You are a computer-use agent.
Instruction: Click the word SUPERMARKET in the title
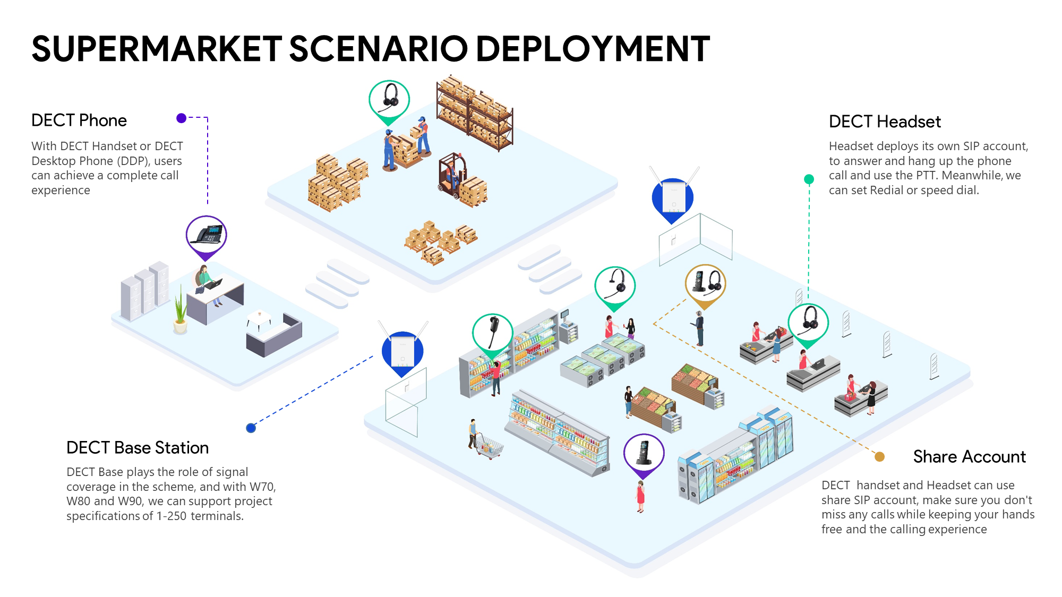[157, 49]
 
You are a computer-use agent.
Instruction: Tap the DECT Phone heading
[79, 120]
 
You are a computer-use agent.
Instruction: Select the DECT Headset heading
[885, 122]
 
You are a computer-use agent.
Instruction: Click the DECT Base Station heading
[138, 448]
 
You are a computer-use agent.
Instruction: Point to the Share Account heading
[969, 457]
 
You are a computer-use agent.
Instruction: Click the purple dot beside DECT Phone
[182, 118]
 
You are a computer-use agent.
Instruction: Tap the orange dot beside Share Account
[879, 457]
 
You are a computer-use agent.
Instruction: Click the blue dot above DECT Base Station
[251, 428]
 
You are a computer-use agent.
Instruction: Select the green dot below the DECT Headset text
[809, 179]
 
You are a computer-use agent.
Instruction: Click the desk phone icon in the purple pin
[207, 235]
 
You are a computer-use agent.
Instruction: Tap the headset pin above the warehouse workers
[389, 99]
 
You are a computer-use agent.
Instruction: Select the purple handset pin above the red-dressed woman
[644, 453]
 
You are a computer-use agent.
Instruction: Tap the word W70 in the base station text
[262, 487]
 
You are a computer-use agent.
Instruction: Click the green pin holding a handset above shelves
[492, 333]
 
